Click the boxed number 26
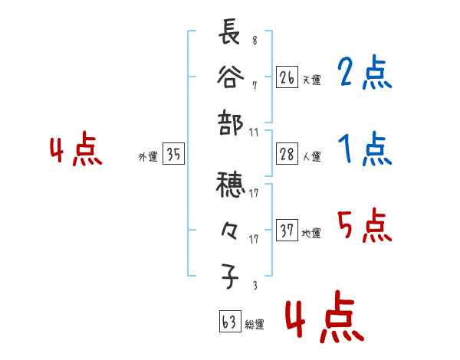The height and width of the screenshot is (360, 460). click(x=287, y=77)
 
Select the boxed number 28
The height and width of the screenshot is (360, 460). click(x=287, y=155)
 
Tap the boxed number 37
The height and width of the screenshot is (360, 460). click(x=287, y=231)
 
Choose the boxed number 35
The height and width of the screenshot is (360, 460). click(x=173, y=155)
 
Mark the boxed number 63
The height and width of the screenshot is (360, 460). click(x=228, y=322)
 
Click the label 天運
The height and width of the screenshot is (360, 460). click(x=311, y=80)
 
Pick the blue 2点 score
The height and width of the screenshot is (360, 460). click(x=364, y=74)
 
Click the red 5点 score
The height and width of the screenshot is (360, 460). click(x=364, y=227)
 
